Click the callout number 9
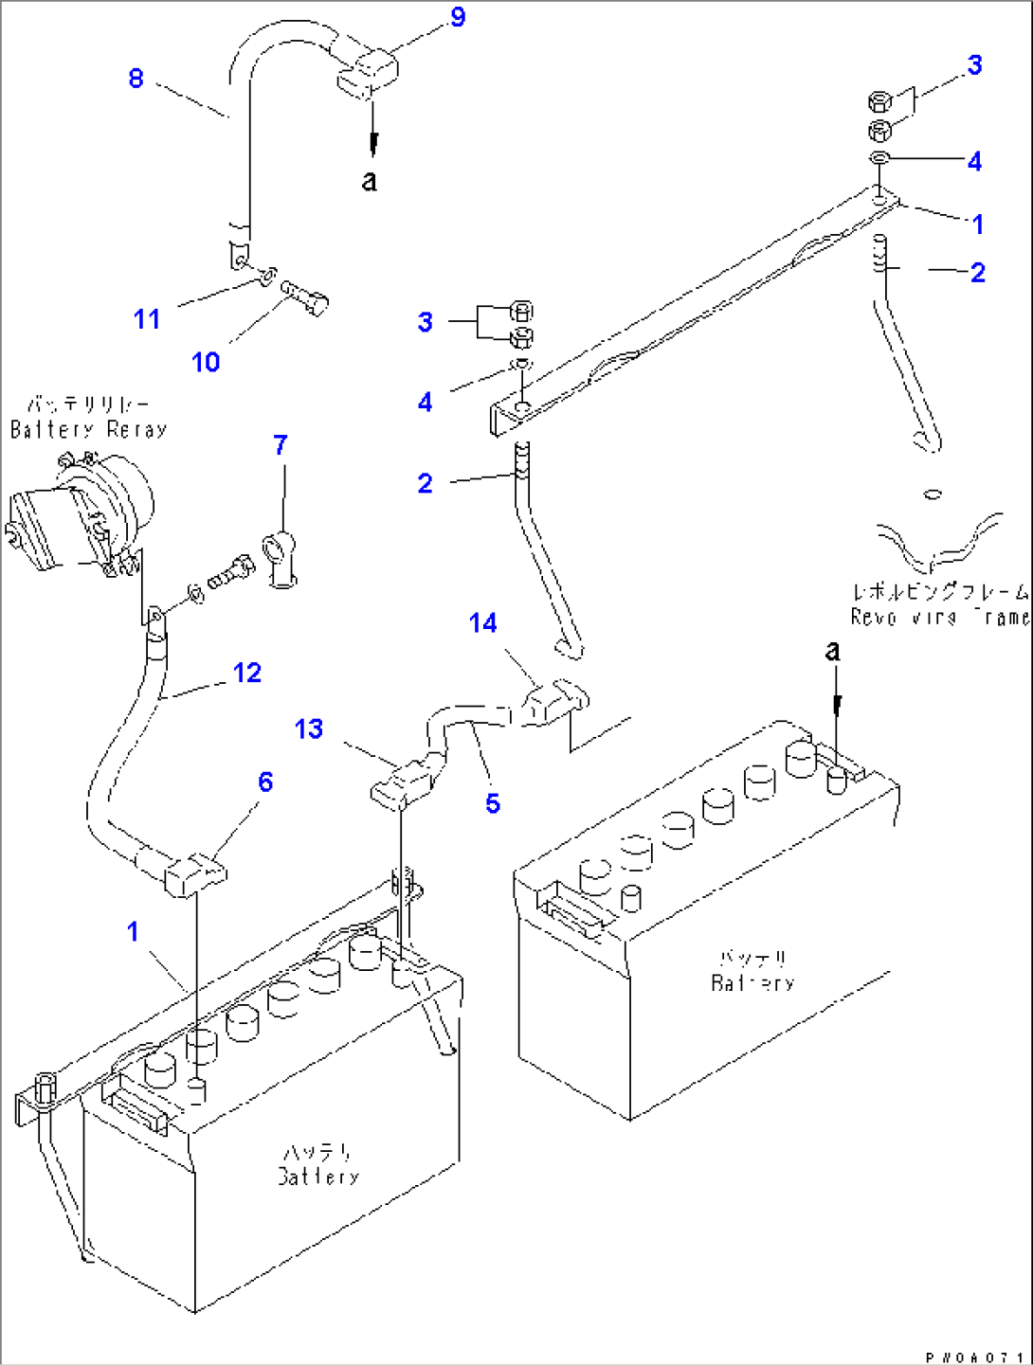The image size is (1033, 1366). point(458,17)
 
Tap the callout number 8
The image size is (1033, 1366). point(136,78)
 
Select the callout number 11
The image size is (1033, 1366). point(147,319)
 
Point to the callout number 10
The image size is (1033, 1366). point(206,362)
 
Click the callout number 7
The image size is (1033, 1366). point(281,445)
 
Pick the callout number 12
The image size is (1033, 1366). point(247,673)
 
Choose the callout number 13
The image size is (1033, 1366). point(309,728)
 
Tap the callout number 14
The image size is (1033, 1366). point(483,622)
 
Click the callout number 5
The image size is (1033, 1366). point(493,803)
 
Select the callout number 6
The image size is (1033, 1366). point(265,782)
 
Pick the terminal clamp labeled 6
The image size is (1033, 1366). point(195,873)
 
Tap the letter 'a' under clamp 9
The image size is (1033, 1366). point(370,180)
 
